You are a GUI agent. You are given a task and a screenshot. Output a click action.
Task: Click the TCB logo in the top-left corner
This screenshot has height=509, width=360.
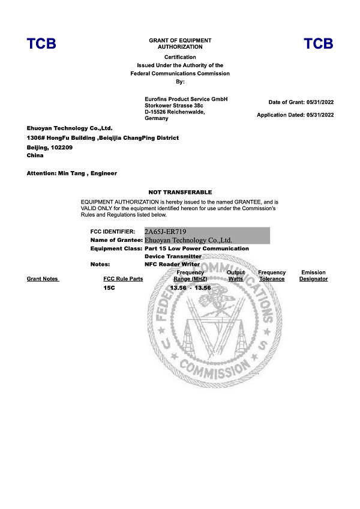tap(41, 44)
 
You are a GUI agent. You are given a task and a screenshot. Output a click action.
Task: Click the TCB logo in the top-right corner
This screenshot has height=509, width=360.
tap(318, 44)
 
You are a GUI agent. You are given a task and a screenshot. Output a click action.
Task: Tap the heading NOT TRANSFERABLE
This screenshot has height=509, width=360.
tap(180, 192)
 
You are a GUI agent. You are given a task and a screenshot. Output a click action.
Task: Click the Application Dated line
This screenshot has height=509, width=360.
tap(295, 115)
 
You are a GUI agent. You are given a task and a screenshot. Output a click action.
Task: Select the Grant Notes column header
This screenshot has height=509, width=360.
tap(43, 279)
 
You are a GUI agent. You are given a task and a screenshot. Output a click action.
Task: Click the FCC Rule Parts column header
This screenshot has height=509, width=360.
tap(123, 279)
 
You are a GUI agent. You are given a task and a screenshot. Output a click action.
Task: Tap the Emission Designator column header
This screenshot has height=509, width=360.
tap(313, 276)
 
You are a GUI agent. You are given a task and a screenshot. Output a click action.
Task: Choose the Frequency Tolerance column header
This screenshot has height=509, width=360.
tap(272, 276)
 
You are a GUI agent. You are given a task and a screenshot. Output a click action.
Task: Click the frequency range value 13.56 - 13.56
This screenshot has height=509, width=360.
tap(190, 288)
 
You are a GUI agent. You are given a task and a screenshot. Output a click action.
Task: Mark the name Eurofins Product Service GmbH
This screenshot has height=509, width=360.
tap(186, 99)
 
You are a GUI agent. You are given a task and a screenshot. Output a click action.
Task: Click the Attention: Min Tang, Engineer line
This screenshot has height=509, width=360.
tap(72, 173)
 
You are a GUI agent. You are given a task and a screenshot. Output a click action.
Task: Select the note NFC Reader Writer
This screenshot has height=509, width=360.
tap(173, 264)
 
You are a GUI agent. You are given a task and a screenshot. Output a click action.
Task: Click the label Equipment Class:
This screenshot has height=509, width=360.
tap(116, 248)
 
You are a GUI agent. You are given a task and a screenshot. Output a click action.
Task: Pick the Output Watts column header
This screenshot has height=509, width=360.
tap(236, 276)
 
